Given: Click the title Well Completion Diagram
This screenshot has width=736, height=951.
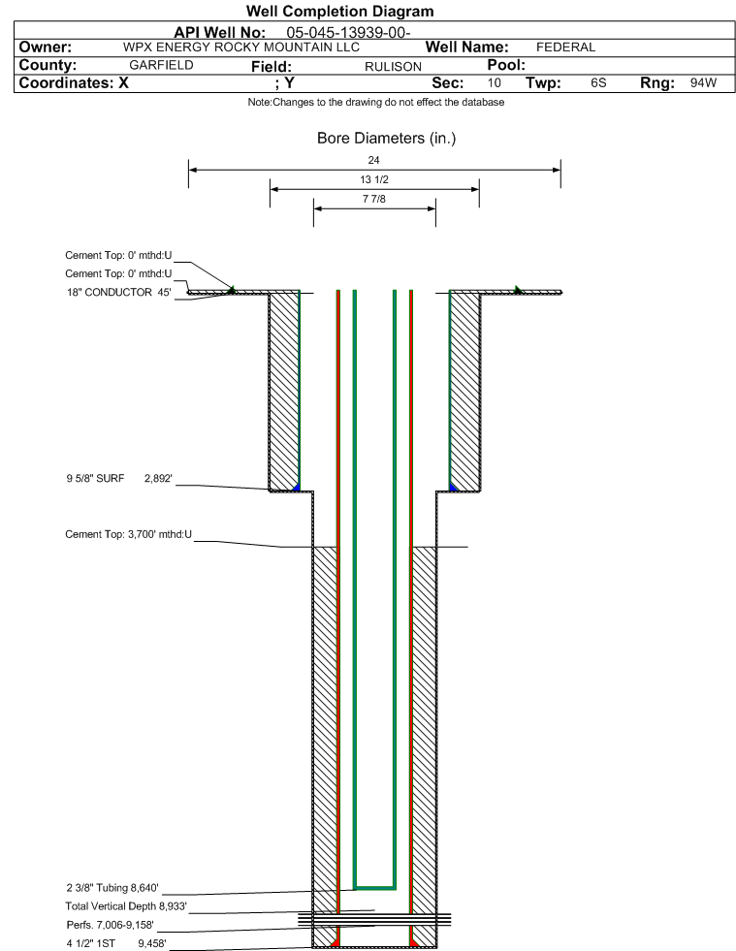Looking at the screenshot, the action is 339,11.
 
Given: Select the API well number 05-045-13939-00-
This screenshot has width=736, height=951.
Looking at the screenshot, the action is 348,32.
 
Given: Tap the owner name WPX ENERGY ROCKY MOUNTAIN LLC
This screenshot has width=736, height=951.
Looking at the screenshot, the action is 240,48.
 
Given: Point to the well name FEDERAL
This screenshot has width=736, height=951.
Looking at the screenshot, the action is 565,48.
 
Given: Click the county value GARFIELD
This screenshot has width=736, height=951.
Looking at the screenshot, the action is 161,65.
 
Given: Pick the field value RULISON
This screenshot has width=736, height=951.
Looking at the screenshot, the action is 393,67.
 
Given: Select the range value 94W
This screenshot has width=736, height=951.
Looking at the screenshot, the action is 703,83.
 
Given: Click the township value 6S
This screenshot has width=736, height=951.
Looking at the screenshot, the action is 598,83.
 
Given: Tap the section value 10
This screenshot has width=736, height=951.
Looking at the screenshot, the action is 494,83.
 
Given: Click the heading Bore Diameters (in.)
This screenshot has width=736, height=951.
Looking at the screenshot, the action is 386,139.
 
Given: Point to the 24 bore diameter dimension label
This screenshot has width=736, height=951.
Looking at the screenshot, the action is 373,160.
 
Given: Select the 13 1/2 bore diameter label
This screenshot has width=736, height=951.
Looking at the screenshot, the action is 373,179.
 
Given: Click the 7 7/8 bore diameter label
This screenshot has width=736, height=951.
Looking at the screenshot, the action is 373,199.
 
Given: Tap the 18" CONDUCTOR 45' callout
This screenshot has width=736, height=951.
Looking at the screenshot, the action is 119,293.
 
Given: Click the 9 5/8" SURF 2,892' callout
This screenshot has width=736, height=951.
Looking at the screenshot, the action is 119,479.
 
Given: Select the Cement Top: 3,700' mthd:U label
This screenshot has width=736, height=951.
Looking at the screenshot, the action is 129,534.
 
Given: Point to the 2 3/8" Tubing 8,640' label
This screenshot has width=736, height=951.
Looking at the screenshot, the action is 112,888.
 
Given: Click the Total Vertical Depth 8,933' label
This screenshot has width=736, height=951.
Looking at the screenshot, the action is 126,906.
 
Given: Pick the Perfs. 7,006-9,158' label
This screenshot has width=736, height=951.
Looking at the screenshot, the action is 110,925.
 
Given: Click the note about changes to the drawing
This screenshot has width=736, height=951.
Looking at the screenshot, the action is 375,102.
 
